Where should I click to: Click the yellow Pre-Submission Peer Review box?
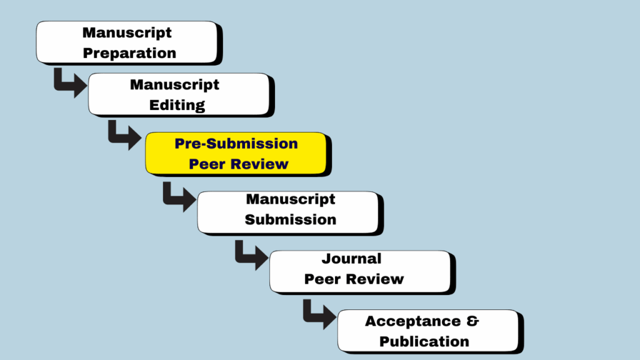(x=236, y=153)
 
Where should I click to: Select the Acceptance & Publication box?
(x=427, y=331)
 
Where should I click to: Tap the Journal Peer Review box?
(x=359, y=272)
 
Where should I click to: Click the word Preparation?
(x=129, y=53)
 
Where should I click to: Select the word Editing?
(x=177, y=105)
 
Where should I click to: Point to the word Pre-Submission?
(x=236, y=144)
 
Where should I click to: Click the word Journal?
(x=351, y=258)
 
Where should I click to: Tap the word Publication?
(x=424, y=341)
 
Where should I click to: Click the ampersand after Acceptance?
(x=473, y=321)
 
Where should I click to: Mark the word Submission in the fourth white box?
(x=290, y=220)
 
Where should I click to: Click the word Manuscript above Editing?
(x=174, y=84)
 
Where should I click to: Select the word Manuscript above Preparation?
(x=127, y=32)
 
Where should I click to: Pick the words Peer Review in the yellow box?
(x=239, y=164)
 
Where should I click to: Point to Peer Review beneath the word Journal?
(x=354, y=279)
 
